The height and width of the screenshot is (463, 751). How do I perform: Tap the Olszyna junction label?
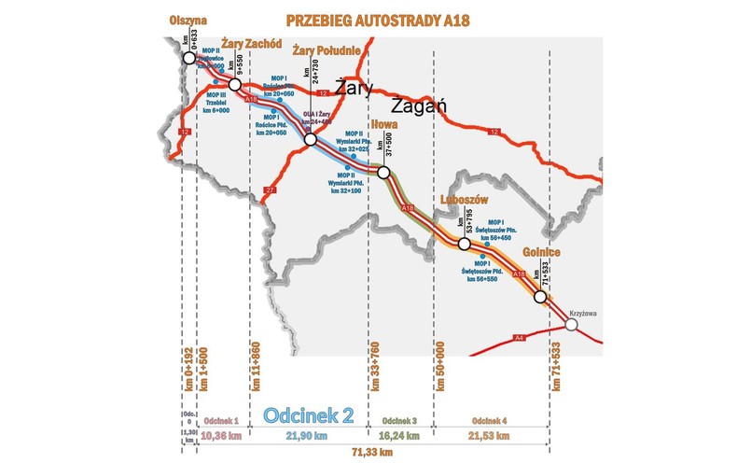pos(188,19)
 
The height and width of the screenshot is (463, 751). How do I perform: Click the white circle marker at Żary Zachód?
pos(235,85)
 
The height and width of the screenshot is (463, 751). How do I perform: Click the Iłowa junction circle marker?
pos(382,172)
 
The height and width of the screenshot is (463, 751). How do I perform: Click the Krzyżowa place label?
pos(582,314)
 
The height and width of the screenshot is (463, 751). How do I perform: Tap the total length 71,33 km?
pos(369,453)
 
